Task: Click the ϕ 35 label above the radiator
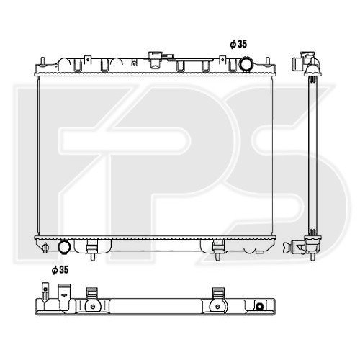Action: tap(238, 45)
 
